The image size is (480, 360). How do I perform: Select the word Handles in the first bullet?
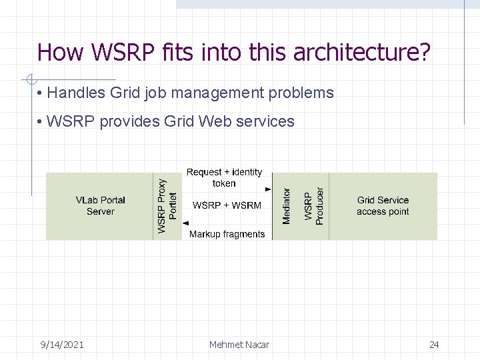click(77, 93)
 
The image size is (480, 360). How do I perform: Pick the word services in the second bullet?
click(266, 121)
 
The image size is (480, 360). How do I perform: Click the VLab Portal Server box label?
click(100, 205)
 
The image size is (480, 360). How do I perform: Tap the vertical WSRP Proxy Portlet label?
click(167, 206)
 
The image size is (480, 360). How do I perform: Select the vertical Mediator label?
click(287, 206)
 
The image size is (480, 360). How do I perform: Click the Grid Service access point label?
click(383, 205)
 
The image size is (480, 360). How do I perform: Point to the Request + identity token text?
click(225, 177)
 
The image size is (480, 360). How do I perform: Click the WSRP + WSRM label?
click(227, 205)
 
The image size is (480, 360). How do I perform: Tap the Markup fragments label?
click(227, 234)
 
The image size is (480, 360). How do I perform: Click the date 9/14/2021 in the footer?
click(62, 345)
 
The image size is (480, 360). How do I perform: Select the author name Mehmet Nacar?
click(239, 345)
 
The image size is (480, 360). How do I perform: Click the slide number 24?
click(434, 345)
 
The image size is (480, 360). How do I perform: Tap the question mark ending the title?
click(424, 52)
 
